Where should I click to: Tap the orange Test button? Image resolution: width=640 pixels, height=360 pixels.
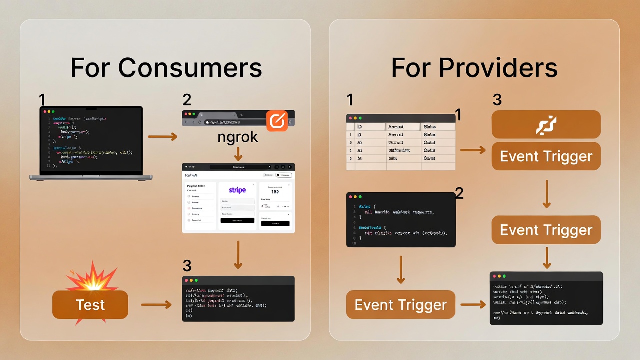click(x=90, y=305)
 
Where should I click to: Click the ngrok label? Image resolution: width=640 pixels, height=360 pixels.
click(x=238, y=137)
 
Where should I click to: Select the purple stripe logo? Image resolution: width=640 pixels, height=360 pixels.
click(x=238, y=190)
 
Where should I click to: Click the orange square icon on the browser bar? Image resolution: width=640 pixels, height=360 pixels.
click(x=277, y=121)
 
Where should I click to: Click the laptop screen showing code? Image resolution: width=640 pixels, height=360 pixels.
click(x=91, y=140)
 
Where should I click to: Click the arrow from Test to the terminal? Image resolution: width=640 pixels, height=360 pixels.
click(x=157, y=304)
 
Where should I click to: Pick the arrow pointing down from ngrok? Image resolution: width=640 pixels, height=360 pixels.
click(x=238, y=154)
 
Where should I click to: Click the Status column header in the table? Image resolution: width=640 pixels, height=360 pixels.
click(x=437, y=127)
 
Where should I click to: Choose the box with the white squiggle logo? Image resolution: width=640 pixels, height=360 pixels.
click(x=546, y=125)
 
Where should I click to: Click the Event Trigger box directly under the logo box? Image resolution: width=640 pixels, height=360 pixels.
click(x=546, y=156)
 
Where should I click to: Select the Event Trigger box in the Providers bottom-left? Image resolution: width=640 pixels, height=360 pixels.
click(x=400, y=305)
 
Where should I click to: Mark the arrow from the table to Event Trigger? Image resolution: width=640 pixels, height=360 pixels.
click(x=473, y=150)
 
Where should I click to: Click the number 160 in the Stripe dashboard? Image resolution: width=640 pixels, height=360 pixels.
click(x=275, y=192)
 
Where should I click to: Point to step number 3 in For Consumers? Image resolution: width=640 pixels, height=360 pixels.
click(x=187, y=266)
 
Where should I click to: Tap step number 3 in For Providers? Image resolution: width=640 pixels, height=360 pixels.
click(x=497, y=100)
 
